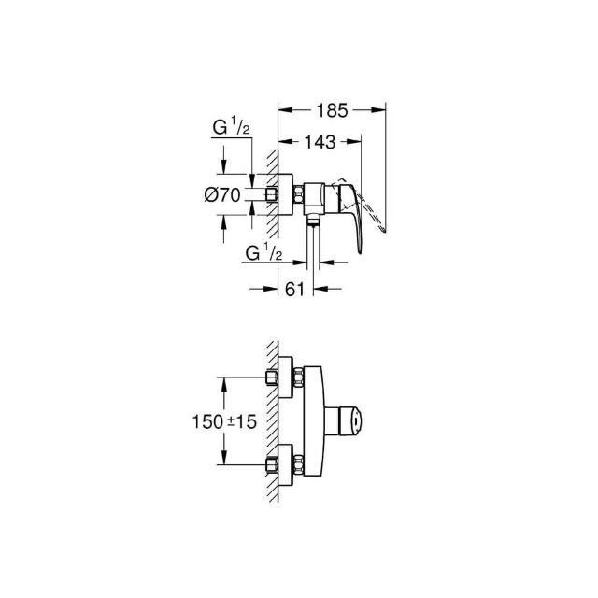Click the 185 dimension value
pyautogui.click(x=332, y=111)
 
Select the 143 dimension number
pyautogui.click(x=320, y=143)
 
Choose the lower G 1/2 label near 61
pyautogui.click(x=264, y=253)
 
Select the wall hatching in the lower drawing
pyautogui.click(x=271, y=420)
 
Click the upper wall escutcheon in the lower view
pyautogui.click(x=285, y=378)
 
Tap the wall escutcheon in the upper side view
pyautogui.click(x=285, y=195)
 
